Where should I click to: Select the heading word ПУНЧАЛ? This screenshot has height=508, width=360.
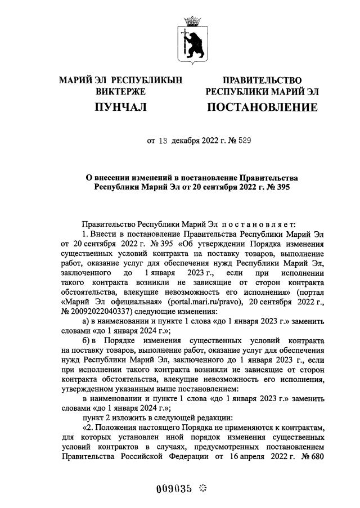pyautogui.click(x=120, y=107)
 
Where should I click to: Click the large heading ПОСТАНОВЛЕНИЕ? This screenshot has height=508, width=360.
pyautogui.click(x=262, y=107)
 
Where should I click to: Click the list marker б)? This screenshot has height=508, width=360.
pyautogui.click(x=86, y=341)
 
